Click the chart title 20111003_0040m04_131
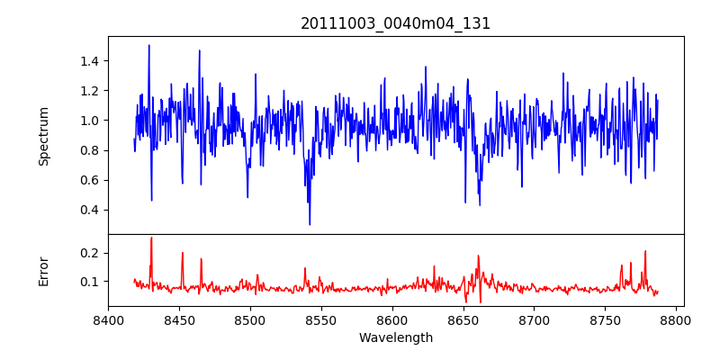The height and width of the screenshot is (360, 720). (x=396, y=23)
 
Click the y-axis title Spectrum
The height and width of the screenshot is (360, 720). (x=44, y=136)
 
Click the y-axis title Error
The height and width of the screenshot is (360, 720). (x=44, y=270)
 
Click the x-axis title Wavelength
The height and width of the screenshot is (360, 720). (x=396, y=338)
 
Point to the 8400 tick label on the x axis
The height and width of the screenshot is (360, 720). (x=108, y=320)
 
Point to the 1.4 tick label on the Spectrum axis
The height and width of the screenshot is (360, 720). (x=90, y=61)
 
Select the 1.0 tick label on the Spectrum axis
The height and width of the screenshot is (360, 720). (x=90, y=121)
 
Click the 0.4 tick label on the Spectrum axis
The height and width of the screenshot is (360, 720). (x=90, y=210)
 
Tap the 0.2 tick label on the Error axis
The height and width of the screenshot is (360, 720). (x=90, y=253)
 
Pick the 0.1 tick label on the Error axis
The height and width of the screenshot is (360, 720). (x=90, y=282)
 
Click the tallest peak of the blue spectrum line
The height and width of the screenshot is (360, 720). (x=149, y=45)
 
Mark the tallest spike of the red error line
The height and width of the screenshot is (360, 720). (x=151, y=238)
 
